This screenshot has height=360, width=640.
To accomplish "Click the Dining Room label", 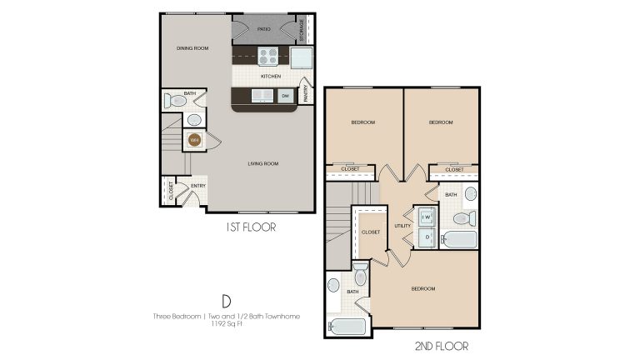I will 192,48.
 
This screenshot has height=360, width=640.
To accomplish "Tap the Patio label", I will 264,29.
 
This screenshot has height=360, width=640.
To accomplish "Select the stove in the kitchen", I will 268,56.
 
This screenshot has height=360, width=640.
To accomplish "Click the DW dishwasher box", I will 285,96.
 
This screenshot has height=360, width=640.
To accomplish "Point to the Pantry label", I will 306,92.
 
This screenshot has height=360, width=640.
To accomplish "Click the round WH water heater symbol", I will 195,140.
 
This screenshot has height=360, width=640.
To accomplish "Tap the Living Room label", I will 262,163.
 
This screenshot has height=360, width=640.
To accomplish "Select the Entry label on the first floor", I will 198,186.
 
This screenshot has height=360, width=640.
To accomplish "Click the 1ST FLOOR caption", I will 251,226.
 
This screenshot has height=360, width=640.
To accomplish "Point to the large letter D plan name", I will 225,301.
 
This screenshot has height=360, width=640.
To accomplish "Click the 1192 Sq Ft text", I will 226,323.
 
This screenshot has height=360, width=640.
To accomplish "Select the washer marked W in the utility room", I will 426,217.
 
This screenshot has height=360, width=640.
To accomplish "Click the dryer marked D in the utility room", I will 427,237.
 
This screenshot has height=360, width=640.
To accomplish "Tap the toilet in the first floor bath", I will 176,101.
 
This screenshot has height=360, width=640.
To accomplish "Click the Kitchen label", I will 271,76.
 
